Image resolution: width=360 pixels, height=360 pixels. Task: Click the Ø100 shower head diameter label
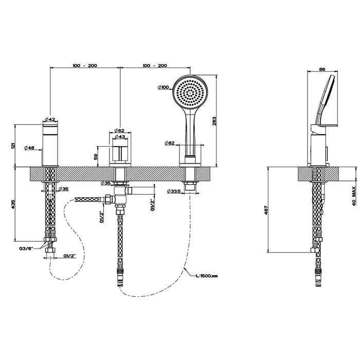163,87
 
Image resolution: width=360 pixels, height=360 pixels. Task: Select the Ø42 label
50,119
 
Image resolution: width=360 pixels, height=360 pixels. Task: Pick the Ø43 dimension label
119,137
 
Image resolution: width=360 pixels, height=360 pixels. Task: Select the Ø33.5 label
175,192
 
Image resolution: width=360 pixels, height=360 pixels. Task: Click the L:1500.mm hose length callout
207,276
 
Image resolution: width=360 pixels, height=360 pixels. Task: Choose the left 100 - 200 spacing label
85,66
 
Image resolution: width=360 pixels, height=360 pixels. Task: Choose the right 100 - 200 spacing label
155,66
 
